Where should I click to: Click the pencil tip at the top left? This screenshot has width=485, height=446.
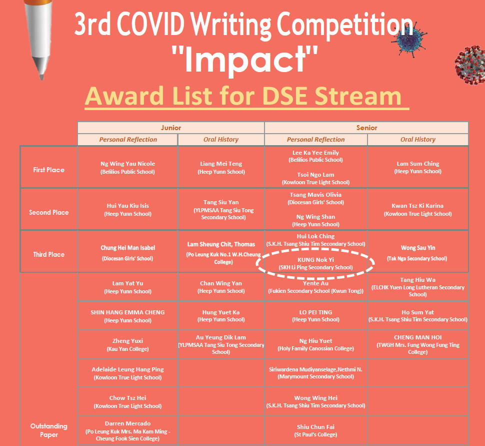(41, 78)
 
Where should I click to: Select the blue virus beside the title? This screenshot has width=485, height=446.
(410, 40)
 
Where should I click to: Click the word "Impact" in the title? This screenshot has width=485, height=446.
(244, 60)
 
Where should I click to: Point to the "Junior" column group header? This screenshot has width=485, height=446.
(170, 128)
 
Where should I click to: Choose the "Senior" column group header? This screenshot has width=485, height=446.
(366, 128)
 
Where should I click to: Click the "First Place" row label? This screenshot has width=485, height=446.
(49, 170)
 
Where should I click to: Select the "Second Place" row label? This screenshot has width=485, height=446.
(49, 212)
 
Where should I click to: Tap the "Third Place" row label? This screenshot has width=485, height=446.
(49, 254)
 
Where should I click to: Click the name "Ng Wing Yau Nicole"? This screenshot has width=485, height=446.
(127, 164)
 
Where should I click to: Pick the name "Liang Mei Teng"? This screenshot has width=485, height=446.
(221, 164)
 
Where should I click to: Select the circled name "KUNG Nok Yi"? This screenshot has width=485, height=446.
(315, 260)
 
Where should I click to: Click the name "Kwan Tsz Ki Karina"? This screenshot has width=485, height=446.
(417, 206)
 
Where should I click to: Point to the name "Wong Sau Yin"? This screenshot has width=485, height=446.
(418, 248)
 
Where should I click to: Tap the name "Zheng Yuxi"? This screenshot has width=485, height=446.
(127, 341)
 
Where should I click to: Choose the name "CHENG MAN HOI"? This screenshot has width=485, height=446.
(417, 337)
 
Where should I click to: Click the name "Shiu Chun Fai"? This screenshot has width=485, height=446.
(315, 427)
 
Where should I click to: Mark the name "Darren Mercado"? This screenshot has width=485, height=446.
(127, 423)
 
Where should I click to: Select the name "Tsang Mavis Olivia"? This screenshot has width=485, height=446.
(315, 195)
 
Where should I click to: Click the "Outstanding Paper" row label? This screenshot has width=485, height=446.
(49, 430)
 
